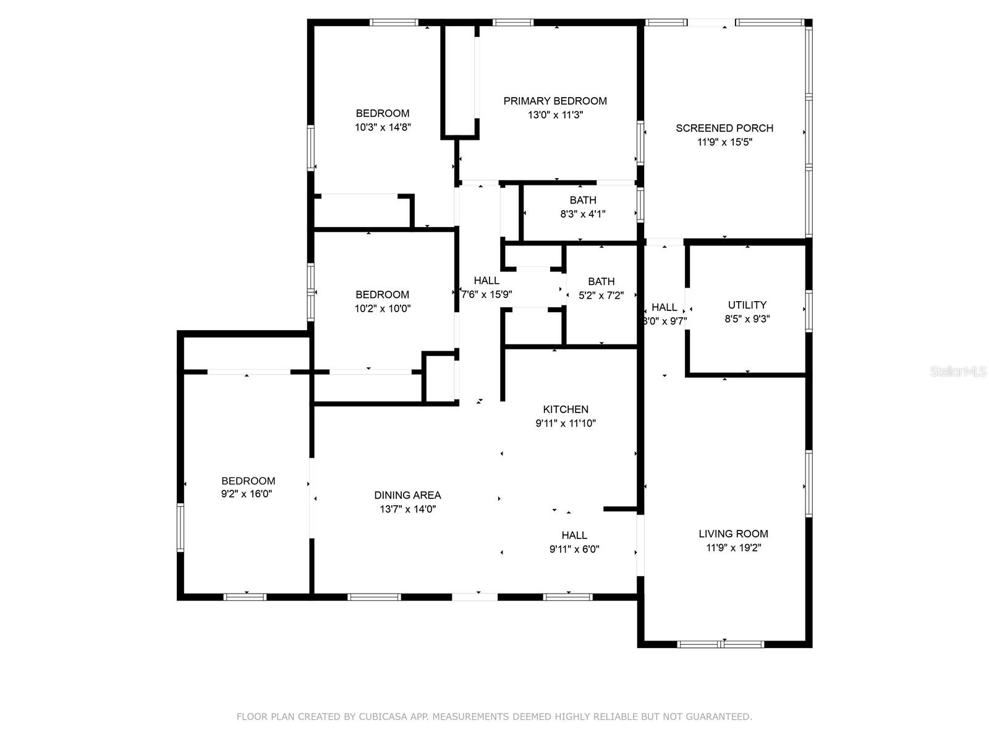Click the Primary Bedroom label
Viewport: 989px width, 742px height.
tap(554, 101)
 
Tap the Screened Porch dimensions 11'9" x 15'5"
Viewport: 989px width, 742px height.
tap(724, 142)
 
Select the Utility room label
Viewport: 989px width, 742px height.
tap(747, 305)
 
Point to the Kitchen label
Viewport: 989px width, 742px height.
tap(566, 409)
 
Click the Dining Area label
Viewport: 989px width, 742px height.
tap(407, 495)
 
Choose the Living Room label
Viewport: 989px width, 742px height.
tap(733, 534)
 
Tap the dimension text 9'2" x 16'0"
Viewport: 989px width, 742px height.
tap(247, 494)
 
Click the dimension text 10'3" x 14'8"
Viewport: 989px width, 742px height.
tap(383, 127)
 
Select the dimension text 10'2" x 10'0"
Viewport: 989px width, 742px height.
tap(383, 309)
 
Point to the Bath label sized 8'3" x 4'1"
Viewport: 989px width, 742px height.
tap(583, 200)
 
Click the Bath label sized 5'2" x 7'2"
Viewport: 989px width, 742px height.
tap(601, 281)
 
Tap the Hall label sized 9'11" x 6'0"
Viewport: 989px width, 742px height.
tap(574, 535)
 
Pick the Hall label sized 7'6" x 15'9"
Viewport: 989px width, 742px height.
tap(486, 281)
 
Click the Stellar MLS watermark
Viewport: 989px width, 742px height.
tap(958, 372)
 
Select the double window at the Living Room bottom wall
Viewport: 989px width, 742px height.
tap(721, 645)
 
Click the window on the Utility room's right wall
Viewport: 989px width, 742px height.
tap(809, 312)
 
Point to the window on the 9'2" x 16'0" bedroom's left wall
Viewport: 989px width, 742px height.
tap(180, 527)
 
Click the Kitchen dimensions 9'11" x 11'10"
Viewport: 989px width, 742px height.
tap(566, 424)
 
